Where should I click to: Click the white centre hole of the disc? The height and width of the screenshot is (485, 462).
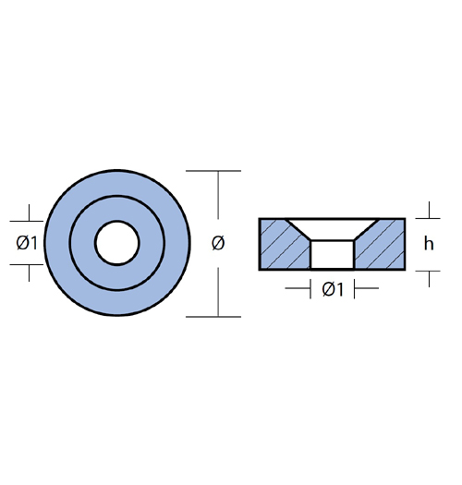click(117, 243)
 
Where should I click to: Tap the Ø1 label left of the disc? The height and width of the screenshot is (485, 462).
click(27, 243)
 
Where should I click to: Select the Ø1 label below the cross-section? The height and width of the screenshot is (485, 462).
click(333, 289)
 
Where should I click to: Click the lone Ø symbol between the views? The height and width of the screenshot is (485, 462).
click(218, 243)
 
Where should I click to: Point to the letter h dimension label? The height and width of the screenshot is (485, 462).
click(429, 244)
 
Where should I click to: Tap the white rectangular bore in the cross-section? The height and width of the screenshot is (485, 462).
click(332, 254)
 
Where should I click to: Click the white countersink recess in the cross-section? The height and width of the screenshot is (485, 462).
click(332, 229)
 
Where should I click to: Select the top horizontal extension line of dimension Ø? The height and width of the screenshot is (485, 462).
click(213, 171)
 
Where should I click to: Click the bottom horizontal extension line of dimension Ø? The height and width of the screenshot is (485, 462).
click(213, 317)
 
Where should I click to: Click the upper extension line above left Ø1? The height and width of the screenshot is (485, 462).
click(27, 221)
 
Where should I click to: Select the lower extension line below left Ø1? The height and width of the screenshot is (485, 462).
click(27, 265)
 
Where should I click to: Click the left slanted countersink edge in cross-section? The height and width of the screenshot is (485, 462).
click(298, 230)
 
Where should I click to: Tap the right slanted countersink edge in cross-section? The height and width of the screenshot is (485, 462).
click(367, 230)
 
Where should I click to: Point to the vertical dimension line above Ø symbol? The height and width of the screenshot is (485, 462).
click(218, 195)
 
